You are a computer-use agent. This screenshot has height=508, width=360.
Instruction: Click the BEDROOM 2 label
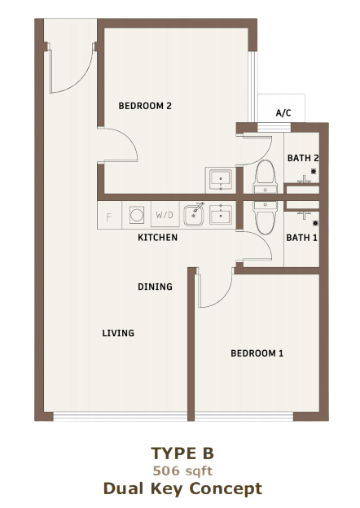pos(145,106)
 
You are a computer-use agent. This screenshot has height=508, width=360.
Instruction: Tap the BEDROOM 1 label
pos(257,353)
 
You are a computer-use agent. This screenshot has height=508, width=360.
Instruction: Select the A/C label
pos(283,112)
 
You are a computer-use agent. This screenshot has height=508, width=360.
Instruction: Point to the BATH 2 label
pos(303,158)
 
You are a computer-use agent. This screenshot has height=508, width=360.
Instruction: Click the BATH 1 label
pos(301,238)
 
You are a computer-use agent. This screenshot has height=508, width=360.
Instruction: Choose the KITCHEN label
pos(157,238)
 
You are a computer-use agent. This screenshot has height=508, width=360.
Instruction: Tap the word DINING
pos(155,287)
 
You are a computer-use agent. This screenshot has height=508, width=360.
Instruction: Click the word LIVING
pos(118,333)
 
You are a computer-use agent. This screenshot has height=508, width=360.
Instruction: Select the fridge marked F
pos(109,216)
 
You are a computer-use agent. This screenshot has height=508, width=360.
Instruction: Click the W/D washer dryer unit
pos(165,214)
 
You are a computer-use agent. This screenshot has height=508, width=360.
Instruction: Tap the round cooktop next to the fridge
pos(137,215)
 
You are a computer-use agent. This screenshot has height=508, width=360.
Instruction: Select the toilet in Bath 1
pos(266,217)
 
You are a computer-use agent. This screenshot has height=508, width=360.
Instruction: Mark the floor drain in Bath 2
pos(314,172)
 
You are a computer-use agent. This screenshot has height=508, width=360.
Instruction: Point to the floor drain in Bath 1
pos(315,223)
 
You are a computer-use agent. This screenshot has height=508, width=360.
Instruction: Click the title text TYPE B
pos(182,453)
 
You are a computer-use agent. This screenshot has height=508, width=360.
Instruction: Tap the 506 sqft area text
pos(182,471)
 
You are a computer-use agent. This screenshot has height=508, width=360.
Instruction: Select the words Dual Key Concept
pos(182,488)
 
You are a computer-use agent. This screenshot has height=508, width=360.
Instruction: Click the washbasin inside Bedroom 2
pos(221,180)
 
